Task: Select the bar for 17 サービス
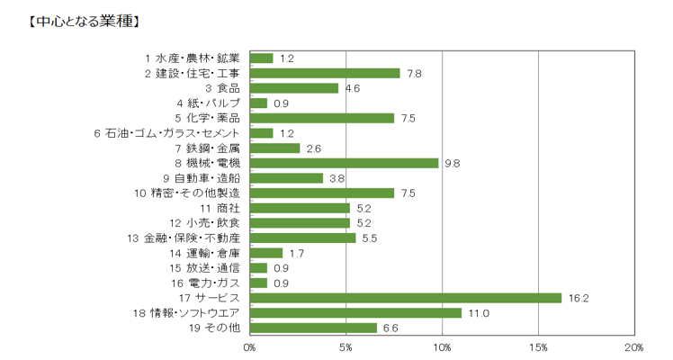405,298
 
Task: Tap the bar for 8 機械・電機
344,163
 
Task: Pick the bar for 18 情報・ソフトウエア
355,312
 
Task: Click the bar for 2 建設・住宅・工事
325,73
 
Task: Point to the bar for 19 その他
313,328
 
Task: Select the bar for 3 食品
294,88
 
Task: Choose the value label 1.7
298,253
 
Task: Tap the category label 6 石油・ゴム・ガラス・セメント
166,133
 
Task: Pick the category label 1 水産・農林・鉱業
192,58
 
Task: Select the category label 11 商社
220,208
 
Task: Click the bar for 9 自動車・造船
286,178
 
